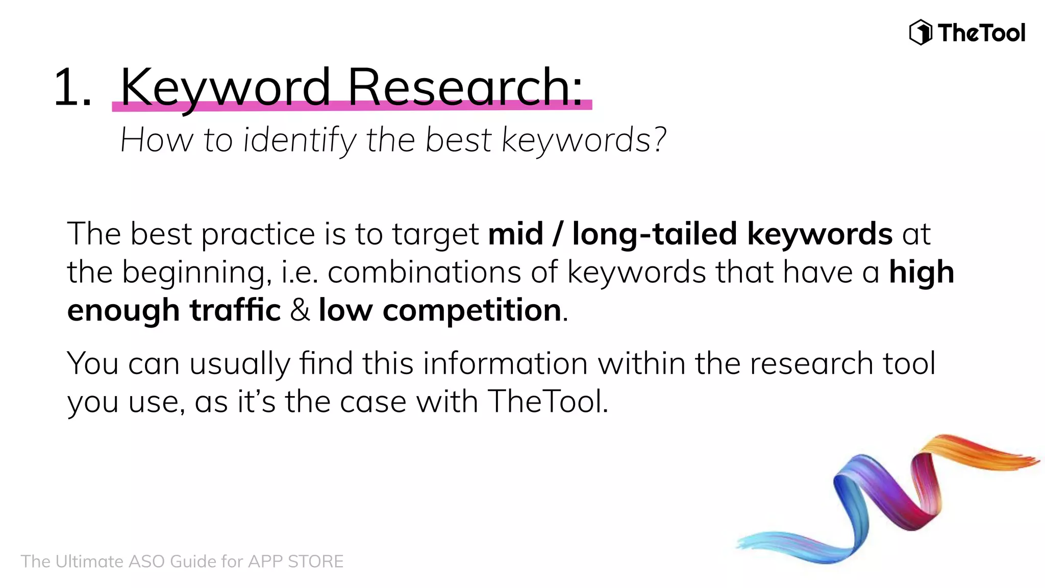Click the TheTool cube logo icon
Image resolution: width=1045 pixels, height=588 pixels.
(921, 33)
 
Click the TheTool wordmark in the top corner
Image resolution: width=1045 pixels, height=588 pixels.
(981, 33)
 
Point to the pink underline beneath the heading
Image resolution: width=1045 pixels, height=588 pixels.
(352, 106)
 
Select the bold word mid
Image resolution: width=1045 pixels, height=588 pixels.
(515, 234)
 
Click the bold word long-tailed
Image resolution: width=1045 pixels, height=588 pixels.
(654, 234)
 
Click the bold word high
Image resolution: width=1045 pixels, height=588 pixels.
(921, 272)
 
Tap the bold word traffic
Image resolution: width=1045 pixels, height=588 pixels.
(235, 310)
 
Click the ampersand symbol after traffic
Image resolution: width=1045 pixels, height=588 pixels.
(300, 310)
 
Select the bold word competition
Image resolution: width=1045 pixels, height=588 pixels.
(472, 310)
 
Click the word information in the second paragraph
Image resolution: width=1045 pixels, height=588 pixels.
(505, 363)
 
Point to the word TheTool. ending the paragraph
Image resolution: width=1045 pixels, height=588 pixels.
(548, 401)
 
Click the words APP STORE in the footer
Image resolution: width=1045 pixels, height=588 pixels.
(295, 561)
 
